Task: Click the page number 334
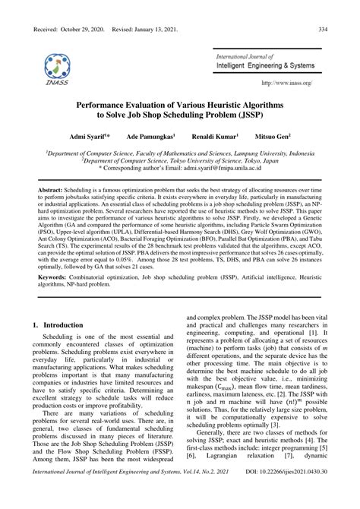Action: coord(322,30)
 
